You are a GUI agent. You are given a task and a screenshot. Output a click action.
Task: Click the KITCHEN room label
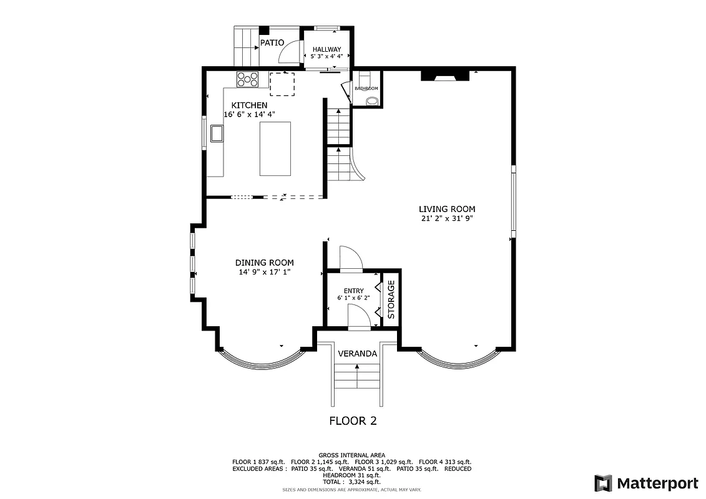[x=249, y=105]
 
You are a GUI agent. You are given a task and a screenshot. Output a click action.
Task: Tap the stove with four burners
[x=247, y=79]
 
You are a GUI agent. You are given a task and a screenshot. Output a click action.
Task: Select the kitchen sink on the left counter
[x=217, y=133]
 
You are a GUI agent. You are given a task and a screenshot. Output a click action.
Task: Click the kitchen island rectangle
[x=275, y=149]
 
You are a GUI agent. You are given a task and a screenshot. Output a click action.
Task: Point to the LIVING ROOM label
[x=447, y=209]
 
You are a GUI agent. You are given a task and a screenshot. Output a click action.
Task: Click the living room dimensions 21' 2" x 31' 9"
[x=447, y=218]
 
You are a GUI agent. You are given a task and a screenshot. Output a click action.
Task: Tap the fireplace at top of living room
[x=445, y=76]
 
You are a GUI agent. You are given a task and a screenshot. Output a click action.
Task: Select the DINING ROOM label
[x=264, y=263]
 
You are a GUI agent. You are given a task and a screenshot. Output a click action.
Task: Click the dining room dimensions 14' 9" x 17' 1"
[x=264, y=272]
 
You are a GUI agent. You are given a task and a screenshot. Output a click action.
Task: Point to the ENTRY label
[x=353, y=291]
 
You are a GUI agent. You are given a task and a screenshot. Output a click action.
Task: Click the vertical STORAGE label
[x=391, y=299]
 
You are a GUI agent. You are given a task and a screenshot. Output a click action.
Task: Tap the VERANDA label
[x=357, y=354]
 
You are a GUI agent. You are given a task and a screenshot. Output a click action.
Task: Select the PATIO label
[x=272, y=42]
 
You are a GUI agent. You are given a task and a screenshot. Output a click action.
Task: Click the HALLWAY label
[x=326, y=49]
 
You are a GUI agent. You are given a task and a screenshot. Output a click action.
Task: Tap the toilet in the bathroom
[x=371, y=100]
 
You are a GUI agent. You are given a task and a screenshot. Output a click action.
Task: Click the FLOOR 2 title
[x=353, y=421]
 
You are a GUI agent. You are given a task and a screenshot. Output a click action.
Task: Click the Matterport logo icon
[x=603, y=483]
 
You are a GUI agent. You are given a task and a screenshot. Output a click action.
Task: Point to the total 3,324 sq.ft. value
[x=365, y=482]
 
